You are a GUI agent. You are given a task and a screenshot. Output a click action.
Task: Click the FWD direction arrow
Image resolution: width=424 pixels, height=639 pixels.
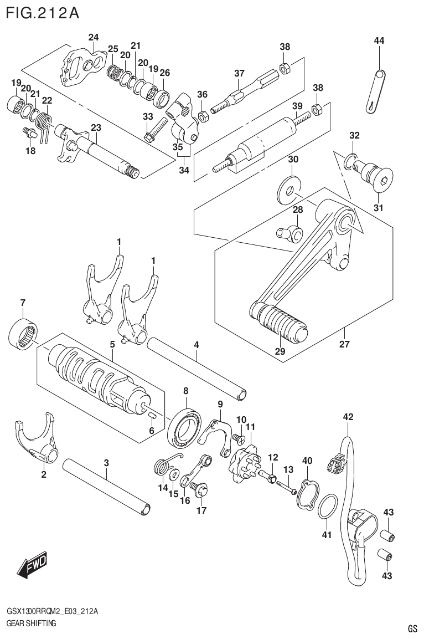(x=33, y=565)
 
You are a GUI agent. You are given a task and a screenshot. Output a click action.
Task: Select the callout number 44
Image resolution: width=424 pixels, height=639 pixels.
(x=379, y=40)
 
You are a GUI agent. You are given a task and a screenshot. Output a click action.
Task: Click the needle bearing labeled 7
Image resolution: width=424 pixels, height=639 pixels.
(x=23, y=334)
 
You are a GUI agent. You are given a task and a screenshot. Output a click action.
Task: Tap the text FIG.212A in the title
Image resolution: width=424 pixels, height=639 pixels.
(x=42, y=12)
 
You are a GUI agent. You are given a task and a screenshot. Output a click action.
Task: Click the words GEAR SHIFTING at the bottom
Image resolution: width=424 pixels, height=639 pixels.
(x=32, y=623)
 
